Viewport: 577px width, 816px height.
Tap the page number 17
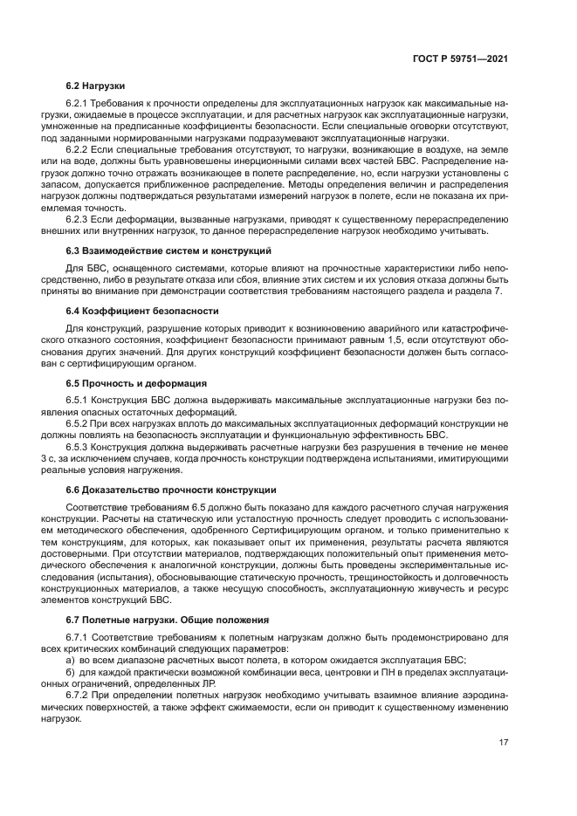coord(504,742)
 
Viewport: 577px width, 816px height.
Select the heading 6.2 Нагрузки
coord(95,86)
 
